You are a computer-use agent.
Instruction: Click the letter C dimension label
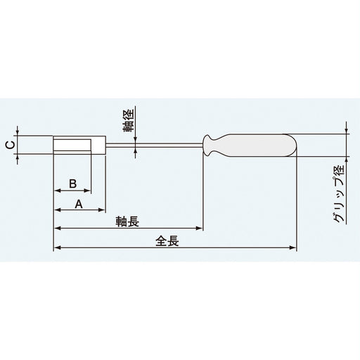(8, 146)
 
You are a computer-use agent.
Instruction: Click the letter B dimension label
(72, 183)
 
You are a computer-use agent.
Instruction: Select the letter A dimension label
(79, 204)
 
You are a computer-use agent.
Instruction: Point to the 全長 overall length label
(167, 240)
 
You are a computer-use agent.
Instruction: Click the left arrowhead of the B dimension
(56, 191)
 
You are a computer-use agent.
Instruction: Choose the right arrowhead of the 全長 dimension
(295, 247)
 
